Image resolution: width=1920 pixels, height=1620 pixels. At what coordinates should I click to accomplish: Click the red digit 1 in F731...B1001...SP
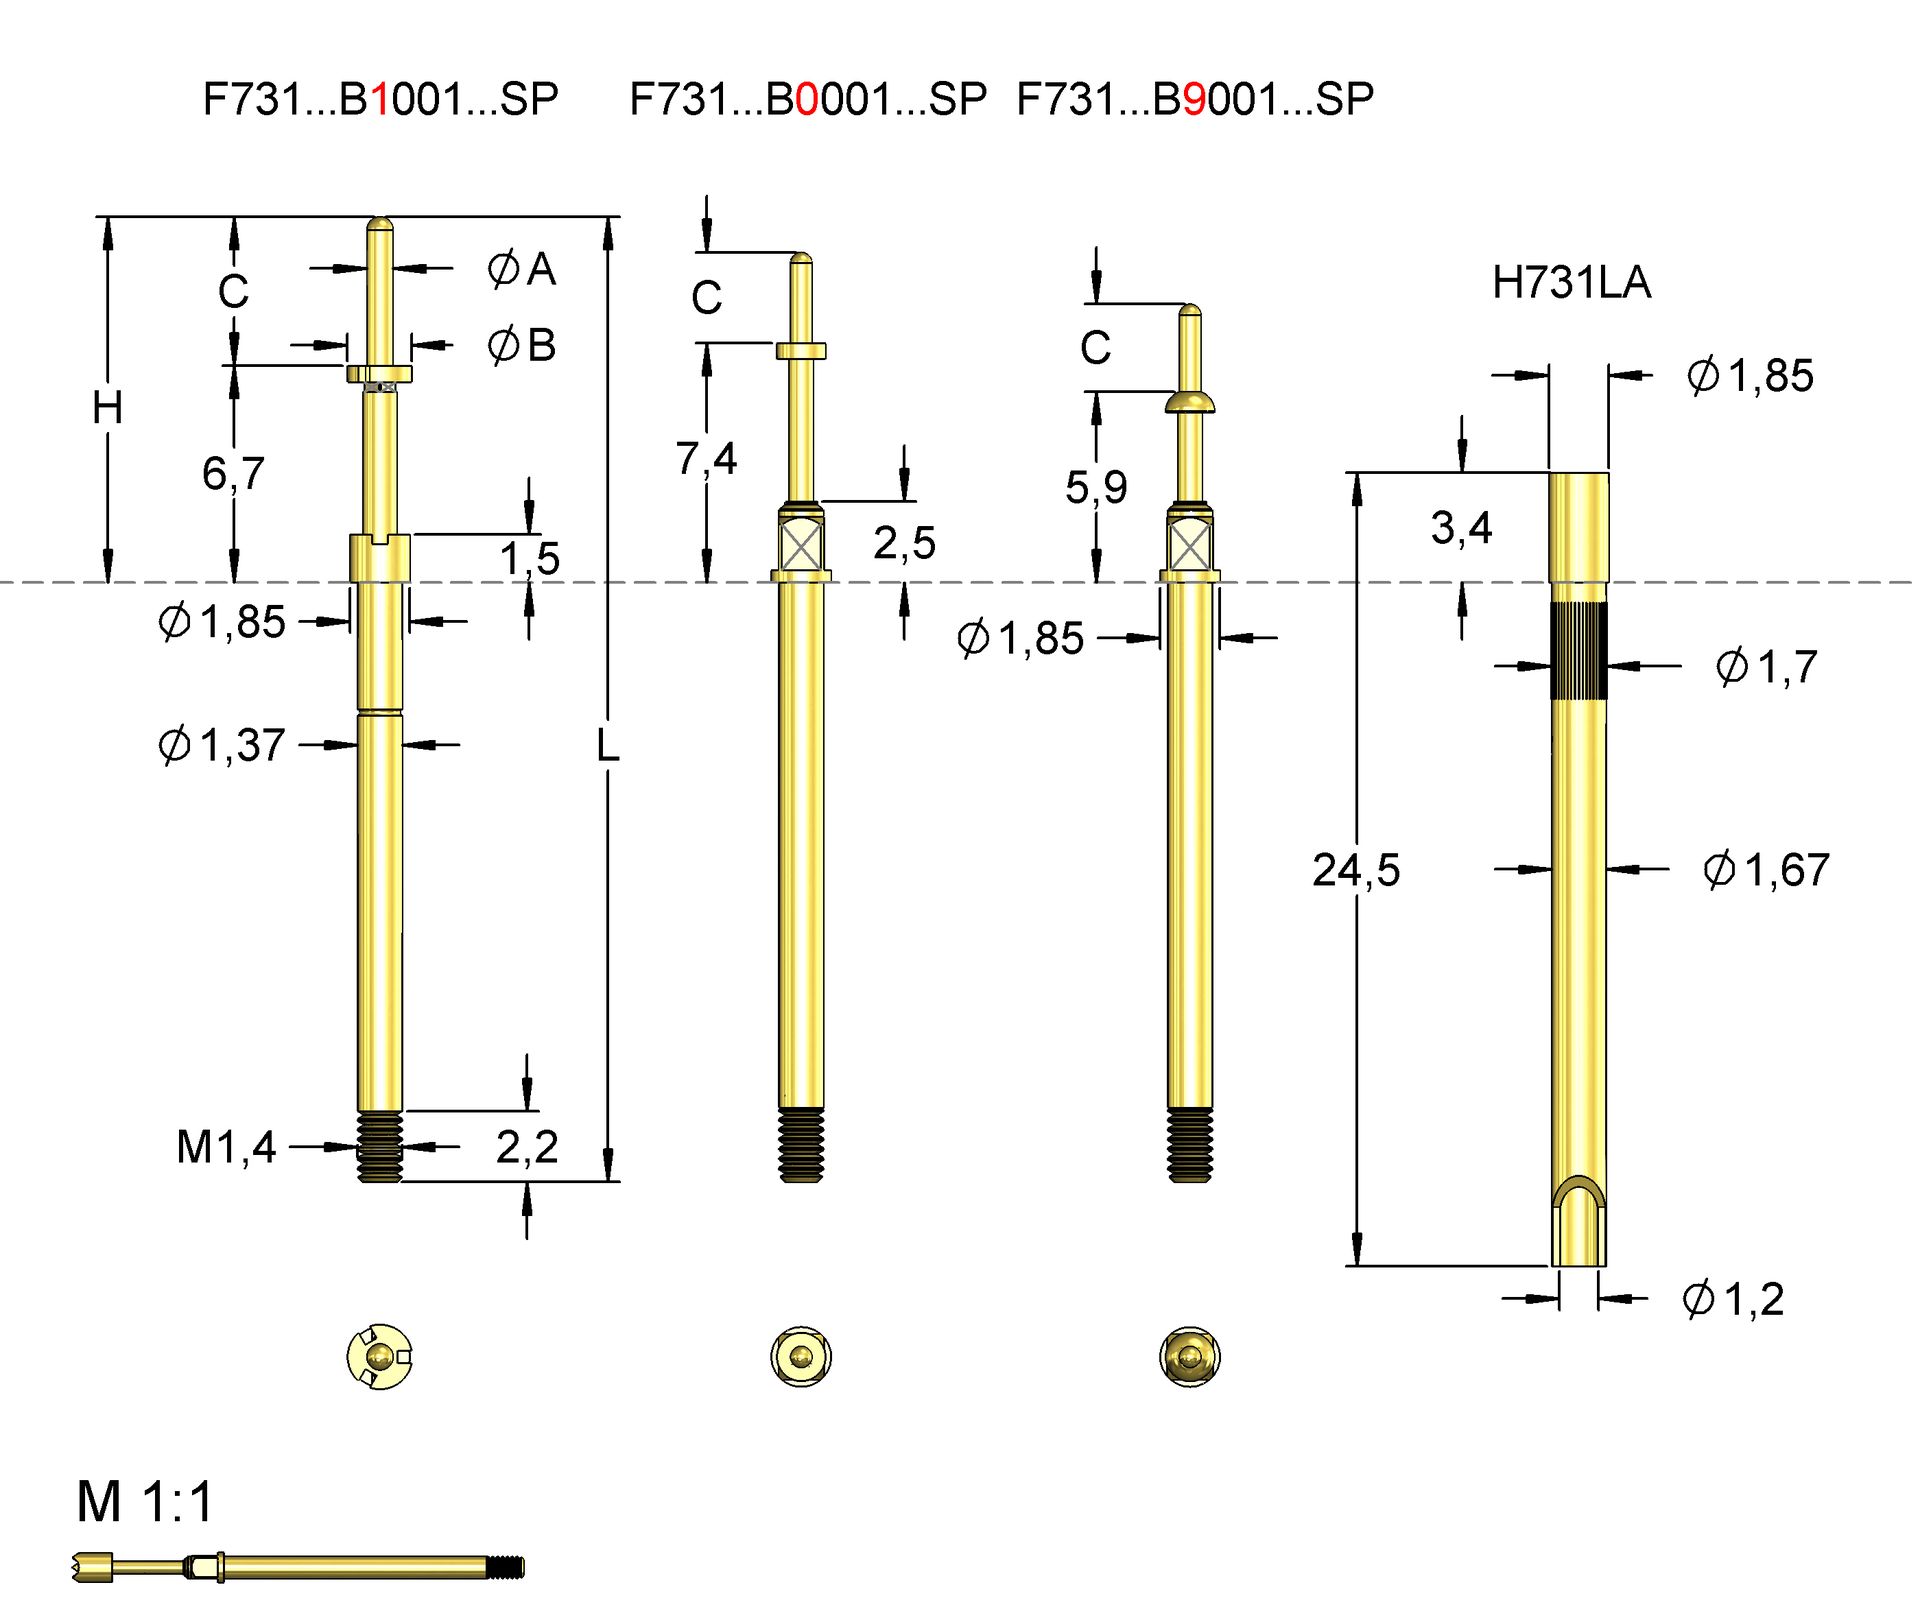(x=380, y=100)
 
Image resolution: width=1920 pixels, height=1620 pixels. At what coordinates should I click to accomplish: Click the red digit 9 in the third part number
(x=1194, y=100)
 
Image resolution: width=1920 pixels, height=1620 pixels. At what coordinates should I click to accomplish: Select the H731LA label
(x=1570, y=283)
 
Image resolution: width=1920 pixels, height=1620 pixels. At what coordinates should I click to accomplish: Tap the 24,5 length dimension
(x=1355, y=870)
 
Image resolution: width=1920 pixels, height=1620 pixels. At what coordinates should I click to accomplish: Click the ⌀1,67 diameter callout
(x=1766, y=870)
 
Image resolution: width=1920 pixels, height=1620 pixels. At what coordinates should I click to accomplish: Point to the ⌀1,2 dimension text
(x=1733, y=1299)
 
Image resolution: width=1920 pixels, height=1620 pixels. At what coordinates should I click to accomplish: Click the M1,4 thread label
(x=226, y=1147)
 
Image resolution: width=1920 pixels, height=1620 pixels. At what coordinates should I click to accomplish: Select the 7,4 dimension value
(x=706, y=459)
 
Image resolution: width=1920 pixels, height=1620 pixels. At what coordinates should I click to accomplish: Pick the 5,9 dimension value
(x=1096, y=488)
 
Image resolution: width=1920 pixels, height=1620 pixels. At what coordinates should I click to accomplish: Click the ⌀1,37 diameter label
(x=222, y=745)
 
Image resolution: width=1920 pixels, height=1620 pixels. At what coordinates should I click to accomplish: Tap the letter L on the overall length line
(x=607, y=746)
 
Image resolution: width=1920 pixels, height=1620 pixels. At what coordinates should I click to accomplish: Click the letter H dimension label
(x=107, y=408)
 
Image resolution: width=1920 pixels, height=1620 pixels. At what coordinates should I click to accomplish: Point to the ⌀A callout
(x=521, y=269)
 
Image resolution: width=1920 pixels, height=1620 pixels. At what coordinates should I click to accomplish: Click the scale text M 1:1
(x=146, y=1502)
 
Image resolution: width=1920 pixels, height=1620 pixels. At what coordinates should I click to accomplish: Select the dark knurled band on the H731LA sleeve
(x=1578, y=651)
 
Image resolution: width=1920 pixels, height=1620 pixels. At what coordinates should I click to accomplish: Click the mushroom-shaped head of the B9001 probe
(x=1189, y=402)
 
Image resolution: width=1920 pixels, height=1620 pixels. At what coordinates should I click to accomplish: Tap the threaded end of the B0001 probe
(x=801, y=1145)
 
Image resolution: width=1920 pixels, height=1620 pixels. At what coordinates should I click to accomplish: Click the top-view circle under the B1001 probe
(x=379, y=1357)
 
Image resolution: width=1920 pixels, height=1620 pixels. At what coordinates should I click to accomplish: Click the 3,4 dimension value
(x=1461, y=528)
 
